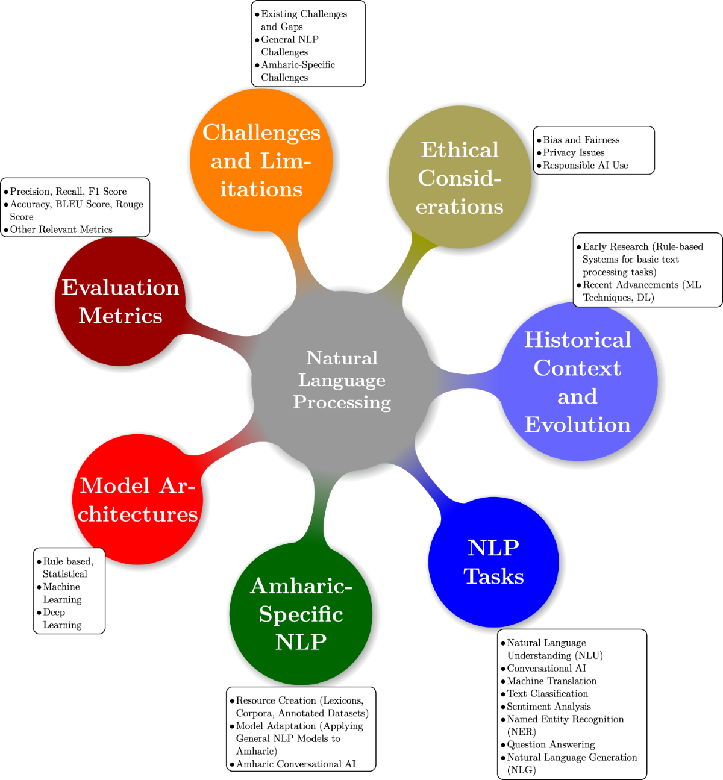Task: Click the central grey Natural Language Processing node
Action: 342,380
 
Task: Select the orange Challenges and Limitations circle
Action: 261,160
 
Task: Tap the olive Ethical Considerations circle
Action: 460,178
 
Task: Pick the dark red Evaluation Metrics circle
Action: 120,301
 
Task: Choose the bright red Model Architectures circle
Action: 138,499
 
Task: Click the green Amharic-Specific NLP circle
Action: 301,614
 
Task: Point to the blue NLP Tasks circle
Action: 493,562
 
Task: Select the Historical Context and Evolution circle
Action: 578,382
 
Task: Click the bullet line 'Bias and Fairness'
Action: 581,140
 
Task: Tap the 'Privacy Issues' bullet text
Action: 574,152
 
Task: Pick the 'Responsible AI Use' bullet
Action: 585,165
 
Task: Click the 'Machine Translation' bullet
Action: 551,681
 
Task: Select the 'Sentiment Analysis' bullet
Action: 548,706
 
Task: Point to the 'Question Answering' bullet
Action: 551,744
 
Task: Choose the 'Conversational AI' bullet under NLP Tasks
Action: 546,668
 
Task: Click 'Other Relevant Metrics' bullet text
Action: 61,229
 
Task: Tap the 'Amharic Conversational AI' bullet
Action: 295,764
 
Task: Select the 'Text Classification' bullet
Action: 547,693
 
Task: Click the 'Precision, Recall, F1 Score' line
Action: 68,191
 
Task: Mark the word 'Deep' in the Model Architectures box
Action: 54,612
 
